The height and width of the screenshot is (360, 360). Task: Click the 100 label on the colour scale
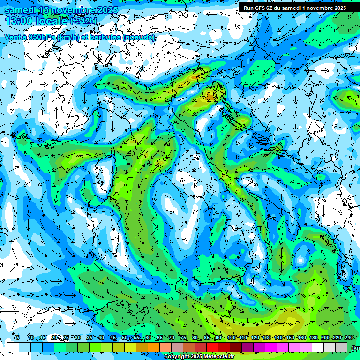click(x=231, y=337)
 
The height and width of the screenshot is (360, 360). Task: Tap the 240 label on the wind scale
click(x=348, y=337)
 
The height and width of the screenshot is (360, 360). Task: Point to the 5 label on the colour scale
click(x=17, y=337)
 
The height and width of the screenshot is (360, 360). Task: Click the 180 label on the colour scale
click(x=313, y=337)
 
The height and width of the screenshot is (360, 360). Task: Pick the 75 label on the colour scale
click(x=183, y=337)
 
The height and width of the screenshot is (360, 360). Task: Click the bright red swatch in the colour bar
click(x=212, y=347)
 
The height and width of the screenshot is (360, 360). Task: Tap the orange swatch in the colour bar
click(x=142, y=347)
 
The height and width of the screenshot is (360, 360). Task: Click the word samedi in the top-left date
click(x=21, y=10)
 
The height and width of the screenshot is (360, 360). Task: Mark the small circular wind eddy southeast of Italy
click(x=300, y=259)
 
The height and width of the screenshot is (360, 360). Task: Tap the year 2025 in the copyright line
click(x=196, y=357)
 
